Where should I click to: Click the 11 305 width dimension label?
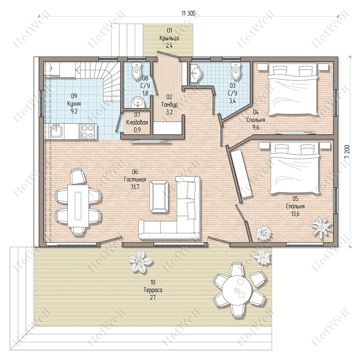[x=189, y=13]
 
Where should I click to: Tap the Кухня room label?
[x=74, y=104]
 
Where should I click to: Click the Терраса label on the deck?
[x=153, y=290]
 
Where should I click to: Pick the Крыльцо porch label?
[x=169, y=38]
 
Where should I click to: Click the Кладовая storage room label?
[x=137, y=122]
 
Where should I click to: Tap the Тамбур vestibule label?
[x=169, y=104]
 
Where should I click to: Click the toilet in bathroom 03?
[x=236, y=71]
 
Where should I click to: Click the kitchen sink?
[x=56, y=130]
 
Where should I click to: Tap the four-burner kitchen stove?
[x=87, y=132]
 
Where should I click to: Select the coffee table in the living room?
[x=159, y=196]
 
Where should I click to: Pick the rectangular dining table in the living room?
[x=78, y=206]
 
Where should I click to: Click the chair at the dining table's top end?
[x=78, y=176]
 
